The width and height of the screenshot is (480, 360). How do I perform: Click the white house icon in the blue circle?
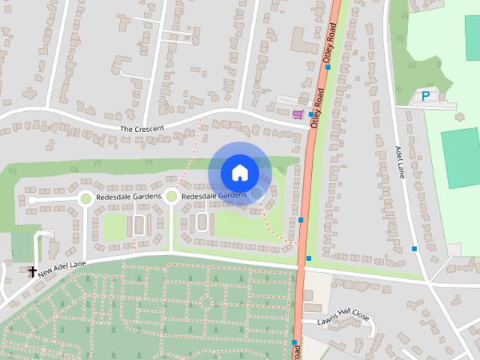239,172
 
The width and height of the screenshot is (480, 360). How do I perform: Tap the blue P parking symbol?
425,96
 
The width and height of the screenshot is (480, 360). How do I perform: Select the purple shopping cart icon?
298,114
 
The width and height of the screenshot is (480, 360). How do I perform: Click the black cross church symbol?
33,271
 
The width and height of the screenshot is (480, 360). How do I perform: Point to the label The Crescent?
142,129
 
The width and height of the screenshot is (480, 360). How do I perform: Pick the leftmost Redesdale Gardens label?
127,196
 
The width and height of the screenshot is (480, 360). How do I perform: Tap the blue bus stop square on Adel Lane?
414,248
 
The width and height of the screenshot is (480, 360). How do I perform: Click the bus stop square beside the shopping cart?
311,114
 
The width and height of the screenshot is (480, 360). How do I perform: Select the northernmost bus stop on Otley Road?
328,67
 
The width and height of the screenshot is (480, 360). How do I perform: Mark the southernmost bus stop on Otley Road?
294,342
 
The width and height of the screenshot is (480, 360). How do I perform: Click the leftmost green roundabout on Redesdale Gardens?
85,198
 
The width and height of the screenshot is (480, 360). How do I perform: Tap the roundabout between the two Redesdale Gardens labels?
171,196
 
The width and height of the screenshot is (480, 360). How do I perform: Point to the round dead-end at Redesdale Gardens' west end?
31,200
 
